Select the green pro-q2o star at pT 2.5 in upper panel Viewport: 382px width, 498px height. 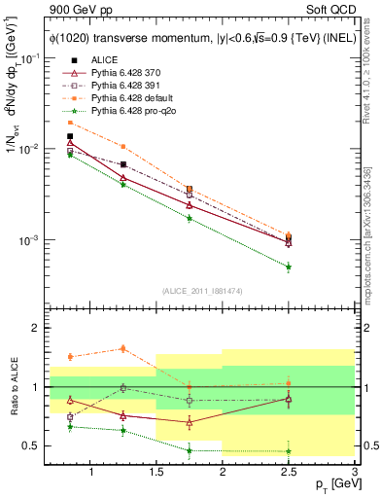pos(289,267)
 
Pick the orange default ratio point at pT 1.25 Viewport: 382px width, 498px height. pos(122,348)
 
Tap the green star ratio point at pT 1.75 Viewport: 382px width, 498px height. pos(189,450)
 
